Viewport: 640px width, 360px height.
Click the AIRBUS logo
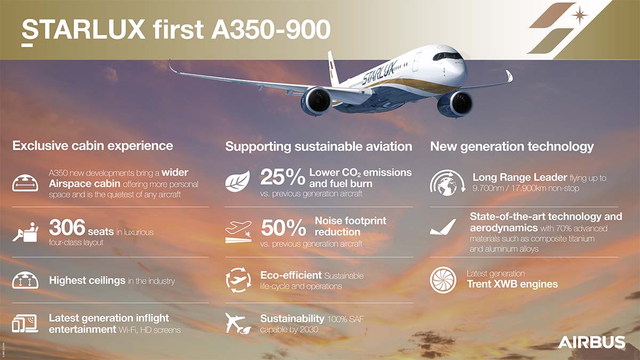tap(591, 342)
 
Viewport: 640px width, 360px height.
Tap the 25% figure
tap(283, 177)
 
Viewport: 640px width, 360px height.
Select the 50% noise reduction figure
tap(283, 228)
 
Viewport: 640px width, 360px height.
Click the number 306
tap(67, 227)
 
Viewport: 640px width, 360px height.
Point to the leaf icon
tap(237, 181)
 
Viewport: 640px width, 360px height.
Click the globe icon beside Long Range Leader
tap(447, 183)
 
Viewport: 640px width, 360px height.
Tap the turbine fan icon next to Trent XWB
tap(443, 280)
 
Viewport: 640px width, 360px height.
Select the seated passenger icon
tap(25, 233)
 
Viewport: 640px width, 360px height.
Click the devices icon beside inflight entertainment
tap(25, 323)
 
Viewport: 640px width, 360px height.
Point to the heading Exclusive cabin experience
tap(93, 146)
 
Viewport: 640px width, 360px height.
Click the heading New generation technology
tap(511, 147)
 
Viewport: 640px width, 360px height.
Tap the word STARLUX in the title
tap(83, 29)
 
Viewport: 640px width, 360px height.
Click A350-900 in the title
tap(270, 29)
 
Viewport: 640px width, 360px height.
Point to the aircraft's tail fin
tap(333, 68)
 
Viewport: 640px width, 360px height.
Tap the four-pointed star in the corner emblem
tap(579, 15)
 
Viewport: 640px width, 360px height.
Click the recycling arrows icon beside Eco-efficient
tap(238, 280)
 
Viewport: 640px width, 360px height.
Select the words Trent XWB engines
tap(513, 284)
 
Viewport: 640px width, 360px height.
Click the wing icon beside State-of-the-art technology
tap(443, 227)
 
